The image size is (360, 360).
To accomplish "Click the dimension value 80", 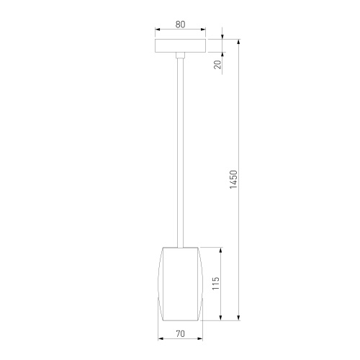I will pos(180,24).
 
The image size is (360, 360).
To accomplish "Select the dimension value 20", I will pos(217,65).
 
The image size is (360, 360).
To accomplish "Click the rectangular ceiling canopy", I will pos(180,45).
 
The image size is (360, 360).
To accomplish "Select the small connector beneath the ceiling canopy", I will pos(180,55).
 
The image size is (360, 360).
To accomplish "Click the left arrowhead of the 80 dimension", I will pos(158,30).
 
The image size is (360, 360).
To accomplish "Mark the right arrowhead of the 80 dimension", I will pos(203,30).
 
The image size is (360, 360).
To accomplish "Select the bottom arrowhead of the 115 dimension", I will pos(221,316).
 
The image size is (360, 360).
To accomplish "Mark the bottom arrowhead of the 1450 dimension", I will pos(239,316).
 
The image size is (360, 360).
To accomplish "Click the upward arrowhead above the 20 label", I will pos(222,55).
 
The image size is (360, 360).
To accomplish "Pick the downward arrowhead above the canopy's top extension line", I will pos(222,35).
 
